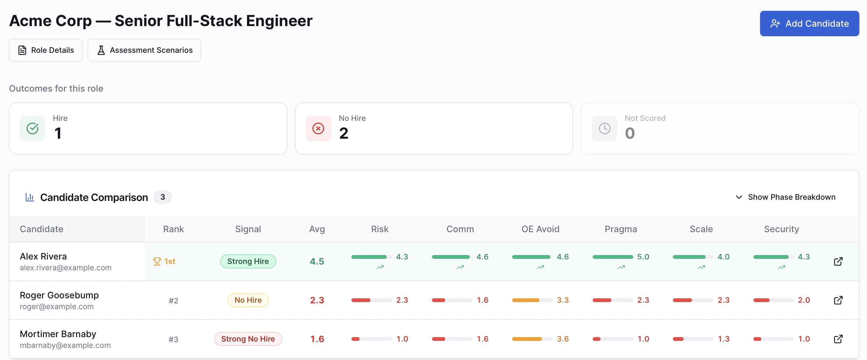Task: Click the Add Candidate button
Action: [809, 24]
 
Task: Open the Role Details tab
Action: [46, 50]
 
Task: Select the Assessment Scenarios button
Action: [144, 50]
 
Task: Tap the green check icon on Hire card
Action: [32, 128]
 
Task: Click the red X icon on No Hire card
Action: [318, 128]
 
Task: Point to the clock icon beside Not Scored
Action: [604, 128]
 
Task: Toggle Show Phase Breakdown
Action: [786, 197]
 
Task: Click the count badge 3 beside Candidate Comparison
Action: [163, 197]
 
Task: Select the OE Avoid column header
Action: [540, 229]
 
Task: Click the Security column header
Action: [781, 229]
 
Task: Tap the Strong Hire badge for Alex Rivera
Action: [248, 261]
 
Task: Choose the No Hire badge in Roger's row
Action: [248, 300]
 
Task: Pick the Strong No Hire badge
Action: [248, 338]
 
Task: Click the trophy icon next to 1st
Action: [157, 261]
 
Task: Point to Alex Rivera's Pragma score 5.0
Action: [643, 257]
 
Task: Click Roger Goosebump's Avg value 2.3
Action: [317, 300]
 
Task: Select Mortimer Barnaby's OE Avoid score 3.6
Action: [563, 338]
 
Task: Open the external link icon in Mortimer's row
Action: [838, 338]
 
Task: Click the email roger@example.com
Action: [57, 306]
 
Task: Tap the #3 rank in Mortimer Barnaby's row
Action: [173, 339]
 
